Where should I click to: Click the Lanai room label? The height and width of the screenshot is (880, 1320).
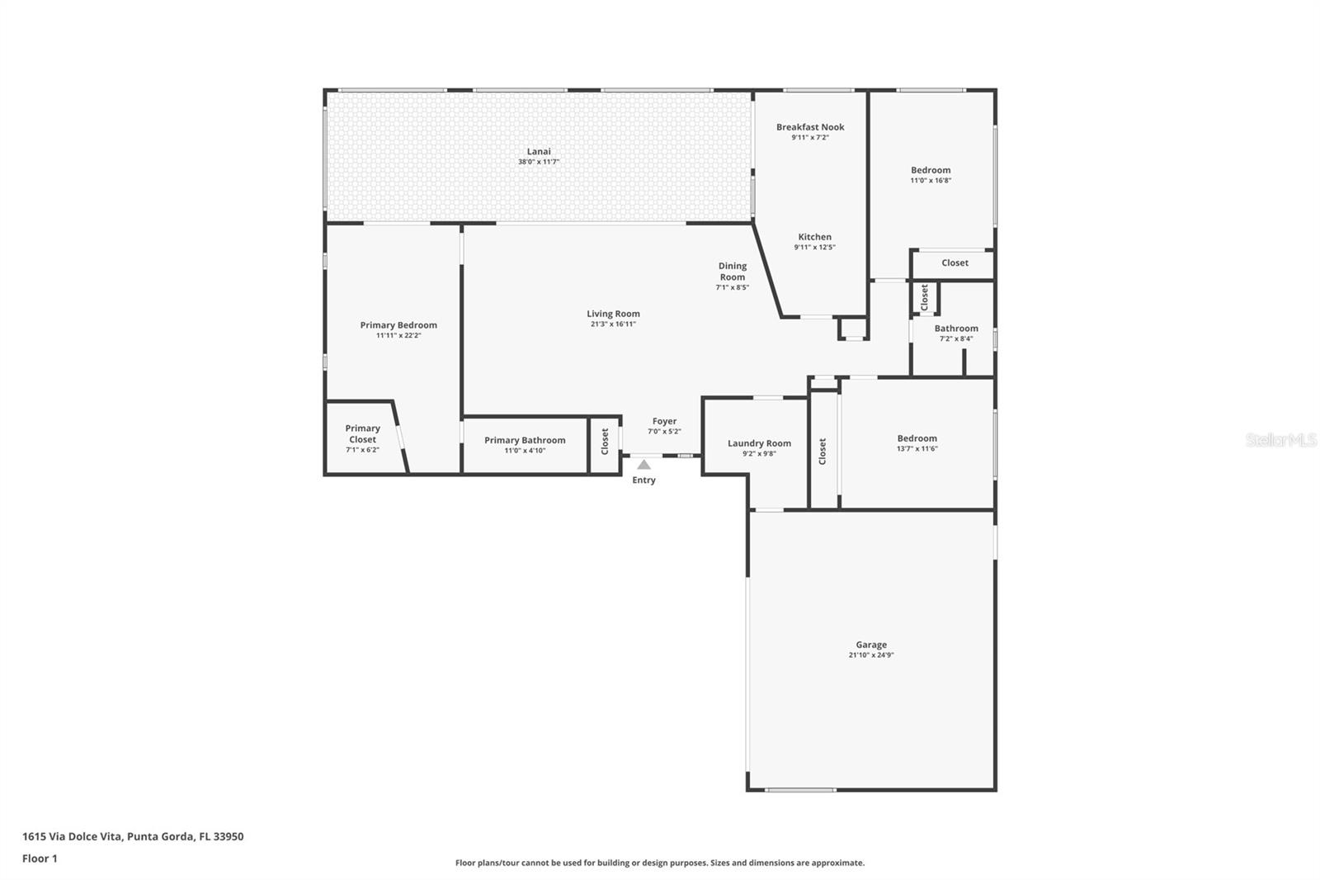click(x=539, y=152)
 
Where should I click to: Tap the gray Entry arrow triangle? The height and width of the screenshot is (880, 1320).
click(x=644, y=465)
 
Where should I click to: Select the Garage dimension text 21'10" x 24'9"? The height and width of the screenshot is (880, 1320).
click(x=871, y=655)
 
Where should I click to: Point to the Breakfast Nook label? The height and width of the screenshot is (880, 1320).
click(x=810, y=127)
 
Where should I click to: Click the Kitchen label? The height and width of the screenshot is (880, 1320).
click(x=814, y=237)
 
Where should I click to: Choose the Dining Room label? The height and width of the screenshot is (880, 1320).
click(x=733, y=272)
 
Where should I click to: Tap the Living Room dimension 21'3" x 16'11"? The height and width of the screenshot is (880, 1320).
click(x=613, y=324)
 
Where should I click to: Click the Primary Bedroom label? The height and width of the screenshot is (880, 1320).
click(x=398, y=325)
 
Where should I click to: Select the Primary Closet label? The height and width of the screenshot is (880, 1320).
click(x=362, y=433)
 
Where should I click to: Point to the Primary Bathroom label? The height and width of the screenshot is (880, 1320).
click(x=525, y=440)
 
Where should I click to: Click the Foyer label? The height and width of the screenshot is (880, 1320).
click(x=664, y=421)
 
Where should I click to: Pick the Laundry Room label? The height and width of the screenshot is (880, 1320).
click(x=759, y=443)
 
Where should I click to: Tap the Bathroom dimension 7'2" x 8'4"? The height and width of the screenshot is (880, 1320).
click(x=956, y=338)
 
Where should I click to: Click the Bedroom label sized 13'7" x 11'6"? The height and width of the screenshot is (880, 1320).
click(x=917, y=438)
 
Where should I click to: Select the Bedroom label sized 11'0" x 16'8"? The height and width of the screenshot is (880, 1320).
click(x=931, y=170)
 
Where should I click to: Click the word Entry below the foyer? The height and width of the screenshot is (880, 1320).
click(x=643, y=480)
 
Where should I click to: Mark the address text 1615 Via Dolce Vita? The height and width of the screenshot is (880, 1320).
click(x=72, y=836)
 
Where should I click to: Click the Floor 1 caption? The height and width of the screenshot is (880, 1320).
click(x=40, y=859)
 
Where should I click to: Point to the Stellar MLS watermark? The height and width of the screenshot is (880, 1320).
click(x=1281, y=439)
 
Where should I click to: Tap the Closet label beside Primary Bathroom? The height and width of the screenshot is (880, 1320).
click(x=605, y=442)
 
